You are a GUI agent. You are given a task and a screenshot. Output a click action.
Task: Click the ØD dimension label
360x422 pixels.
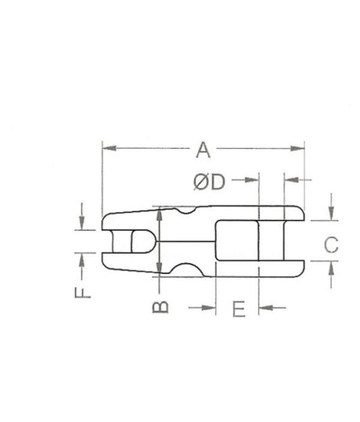(x=209, y=182)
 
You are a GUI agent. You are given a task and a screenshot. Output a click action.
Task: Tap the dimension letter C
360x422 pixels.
(x=331, y=244)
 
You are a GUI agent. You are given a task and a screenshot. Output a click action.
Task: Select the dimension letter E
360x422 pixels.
(x=239, y=308)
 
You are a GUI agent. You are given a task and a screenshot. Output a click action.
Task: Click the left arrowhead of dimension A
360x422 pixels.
(x=107, y=146)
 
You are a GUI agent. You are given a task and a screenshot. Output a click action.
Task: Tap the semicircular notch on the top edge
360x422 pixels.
(x=186, y=210)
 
